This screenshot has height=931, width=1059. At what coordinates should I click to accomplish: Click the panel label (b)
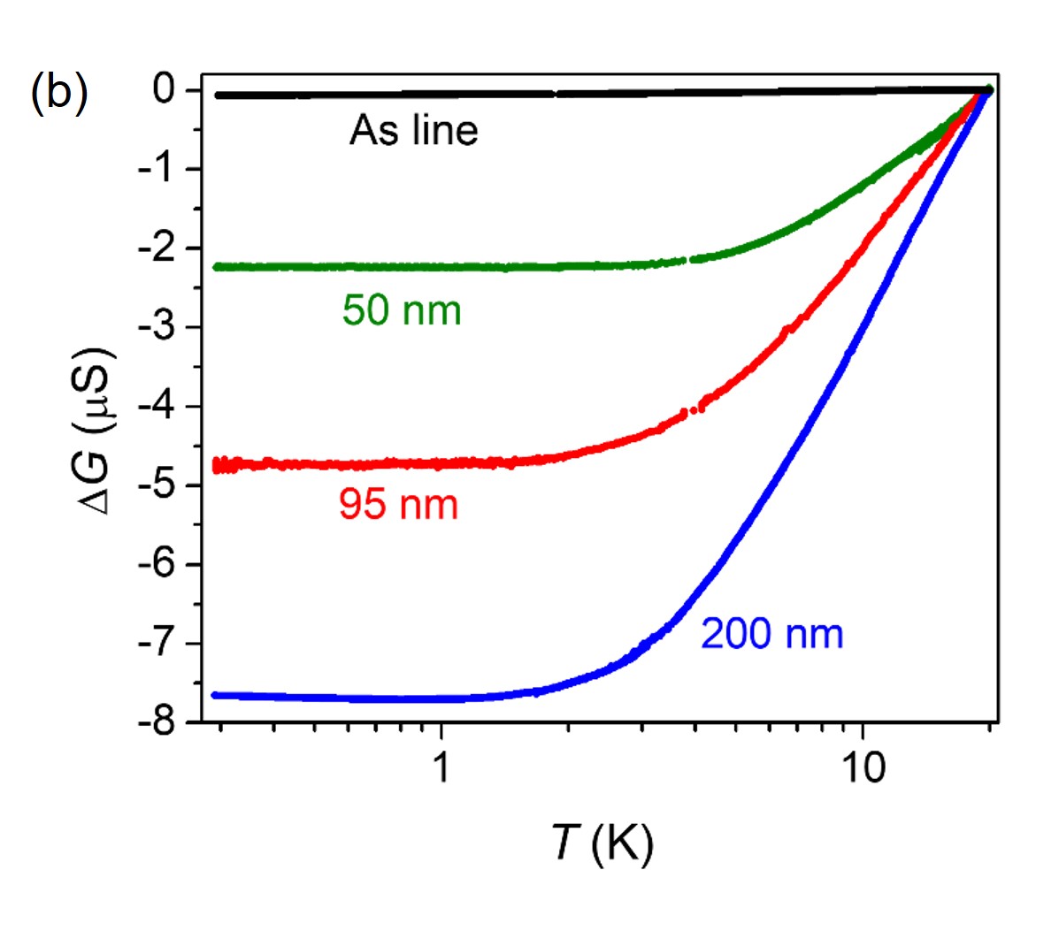[x=59, y=92]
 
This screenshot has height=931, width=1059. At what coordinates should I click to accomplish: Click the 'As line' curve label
[x=413, y=131]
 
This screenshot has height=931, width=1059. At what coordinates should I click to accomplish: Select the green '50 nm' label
[x=402, y=311]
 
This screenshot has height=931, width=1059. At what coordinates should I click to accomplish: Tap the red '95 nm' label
[x=398, y=505]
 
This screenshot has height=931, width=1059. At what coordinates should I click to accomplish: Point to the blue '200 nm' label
[x=771, y=635]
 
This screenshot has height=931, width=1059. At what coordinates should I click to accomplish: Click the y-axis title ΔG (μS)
[x=95, y=432]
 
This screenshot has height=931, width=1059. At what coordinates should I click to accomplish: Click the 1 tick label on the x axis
[x=441, y=768]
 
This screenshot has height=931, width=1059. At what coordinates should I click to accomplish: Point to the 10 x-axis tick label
[x=863, y=768]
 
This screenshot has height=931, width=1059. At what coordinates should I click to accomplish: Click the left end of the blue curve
[x=215, y=695]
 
